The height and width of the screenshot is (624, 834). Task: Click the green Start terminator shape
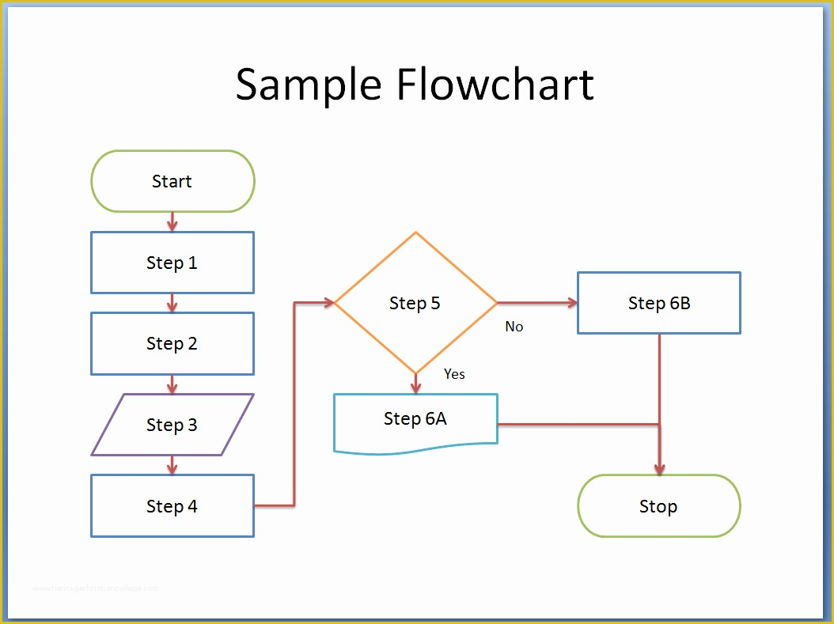172,181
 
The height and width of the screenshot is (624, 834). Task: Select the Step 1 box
172,263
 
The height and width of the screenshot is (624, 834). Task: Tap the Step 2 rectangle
172,343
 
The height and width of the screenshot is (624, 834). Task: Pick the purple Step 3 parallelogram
172,425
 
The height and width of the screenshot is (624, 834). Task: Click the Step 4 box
172,506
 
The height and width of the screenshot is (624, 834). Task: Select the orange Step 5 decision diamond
415,303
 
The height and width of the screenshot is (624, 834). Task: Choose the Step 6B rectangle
658,303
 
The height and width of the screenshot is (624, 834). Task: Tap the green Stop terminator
658,506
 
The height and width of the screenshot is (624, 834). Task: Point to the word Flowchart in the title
495,85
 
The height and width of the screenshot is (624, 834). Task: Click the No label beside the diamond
514,327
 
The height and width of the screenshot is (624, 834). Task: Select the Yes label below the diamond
454,374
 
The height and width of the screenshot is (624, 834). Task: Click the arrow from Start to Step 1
172,221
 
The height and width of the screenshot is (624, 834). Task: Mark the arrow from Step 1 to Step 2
172,303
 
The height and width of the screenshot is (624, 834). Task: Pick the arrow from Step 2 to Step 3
172,384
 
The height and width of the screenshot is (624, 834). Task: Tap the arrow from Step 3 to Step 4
172,465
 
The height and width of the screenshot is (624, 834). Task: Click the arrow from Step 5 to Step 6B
538,303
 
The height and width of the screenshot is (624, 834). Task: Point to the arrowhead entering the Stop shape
659,469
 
